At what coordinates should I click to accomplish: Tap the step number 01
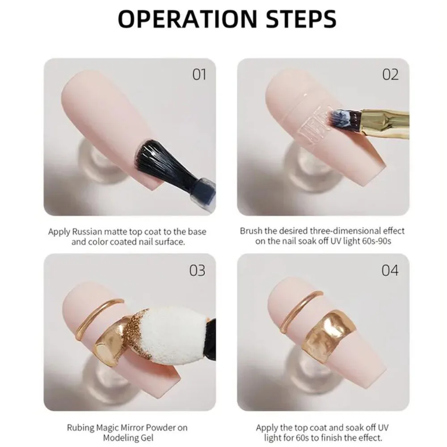(x=199, y=74)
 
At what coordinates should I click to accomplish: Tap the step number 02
(x=390, y=74)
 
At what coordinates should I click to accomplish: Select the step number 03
(x=197, y=270)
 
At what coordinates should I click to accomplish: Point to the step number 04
(x=390, y=270)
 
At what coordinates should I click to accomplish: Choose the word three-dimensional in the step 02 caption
(x=336, y=231)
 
